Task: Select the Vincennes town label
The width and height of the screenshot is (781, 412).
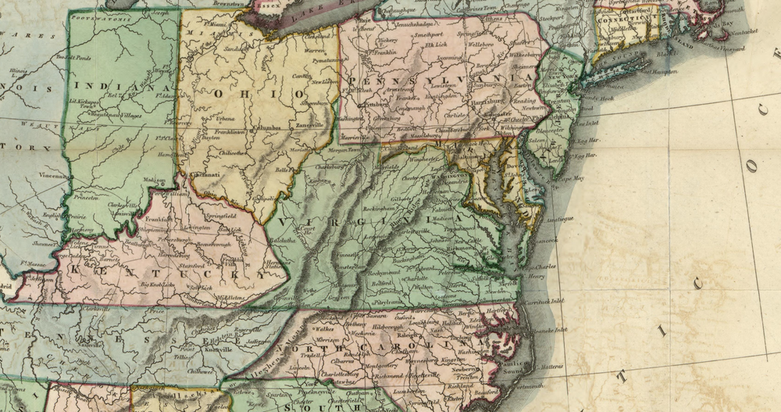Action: pos(53,176)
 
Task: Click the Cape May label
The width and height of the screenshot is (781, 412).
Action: pos(569,178)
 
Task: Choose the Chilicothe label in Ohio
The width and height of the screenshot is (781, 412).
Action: pos(232,153)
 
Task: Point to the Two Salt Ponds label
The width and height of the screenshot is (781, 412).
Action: pos(74,57)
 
